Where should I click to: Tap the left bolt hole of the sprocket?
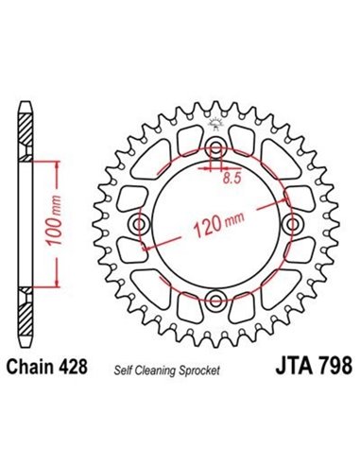pos(142,225)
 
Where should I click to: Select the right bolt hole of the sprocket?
pos(291,225)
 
